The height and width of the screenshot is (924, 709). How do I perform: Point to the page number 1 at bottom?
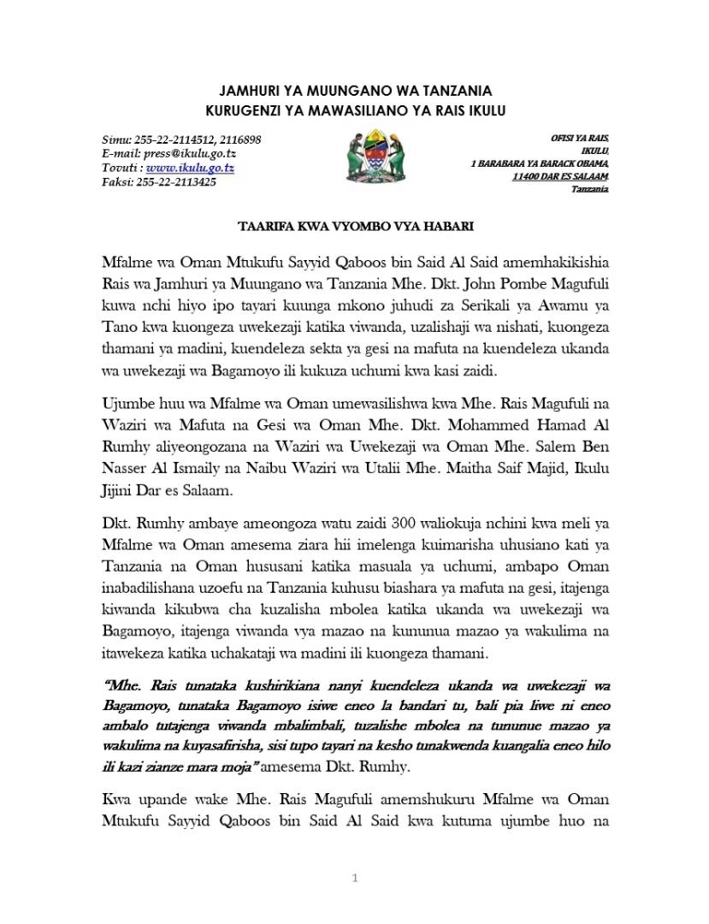[x=354, y=878]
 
